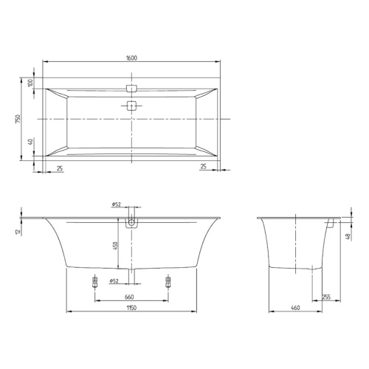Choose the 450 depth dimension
tap(114, 246)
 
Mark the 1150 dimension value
tap(131, 308)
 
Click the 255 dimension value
tap(325, 297)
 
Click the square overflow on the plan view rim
tap(132, 87)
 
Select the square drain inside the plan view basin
tap(132, 105)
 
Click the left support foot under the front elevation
tap(94, 280)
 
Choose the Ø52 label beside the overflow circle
tap(116, 204)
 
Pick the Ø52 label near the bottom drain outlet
tap(114, 280)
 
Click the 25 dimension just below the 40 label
tap(58, 168)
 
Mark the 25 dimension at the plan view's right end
tap(204, 168)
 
